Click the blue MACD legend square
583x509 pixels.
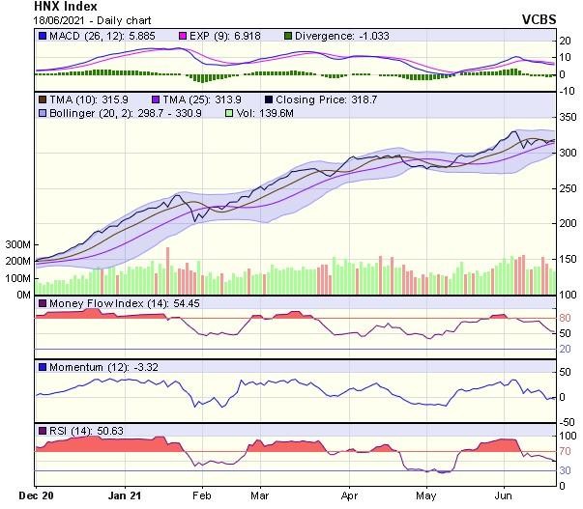(43, 37)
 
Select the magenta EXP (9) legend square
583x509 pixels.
(206, 37)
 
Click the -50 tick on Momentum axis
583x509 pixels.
(568, 421)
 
